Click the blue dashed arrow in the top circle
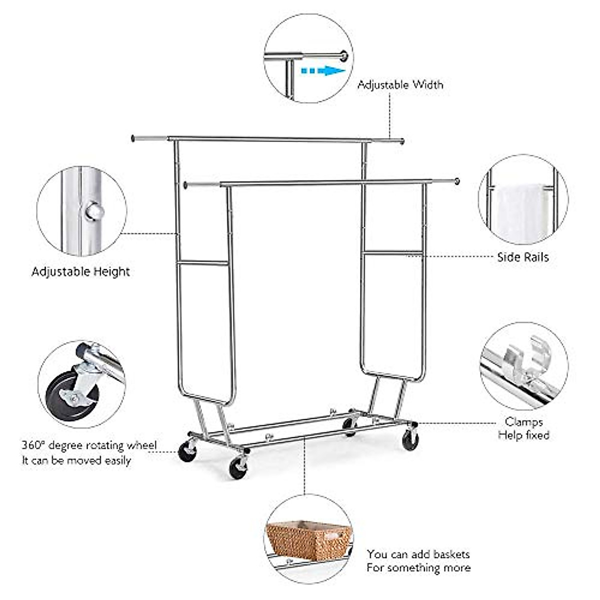322,70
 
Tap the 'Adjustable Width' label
400,85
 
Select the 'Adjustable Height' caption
81,272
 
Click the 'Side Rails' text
522,257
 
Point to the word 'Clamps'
523,422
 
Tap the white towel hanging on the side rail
520,212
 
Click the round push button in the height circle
93,211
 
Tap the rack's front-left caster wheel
237,468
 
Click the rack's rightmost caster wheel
410,440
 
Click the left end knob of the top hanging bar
133,137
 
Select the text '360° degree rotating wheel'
89,445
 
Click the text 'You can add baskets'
418,554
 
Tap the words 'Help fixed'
523,435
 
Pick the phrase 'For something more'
418,568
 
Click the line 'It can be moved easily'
76,460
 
